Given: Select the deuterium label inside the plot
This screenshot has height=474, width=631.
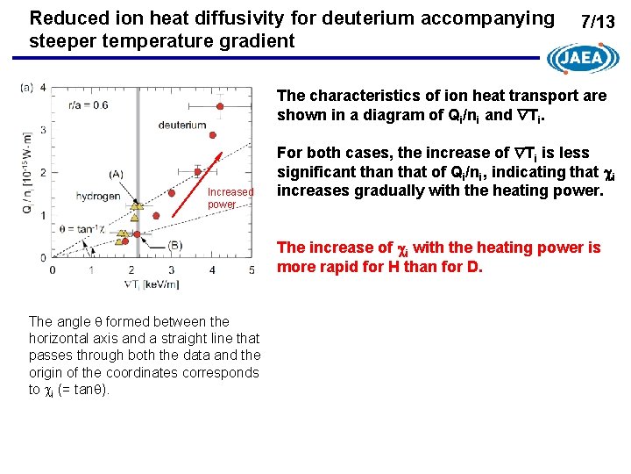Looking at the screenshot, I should pyautogui.click(x=182, y=125).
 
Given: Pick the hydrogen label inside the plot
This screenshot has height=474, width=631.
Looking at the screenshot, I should pyautogui.click(x=97, y=196).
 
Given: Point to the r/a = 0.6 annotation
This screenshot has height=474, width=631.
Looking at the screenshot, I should pyautogui.click(x=88, y=105).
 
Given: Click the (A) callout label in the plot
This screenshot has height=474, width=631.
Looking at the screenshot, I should pyautogui.click(x=117, y=174).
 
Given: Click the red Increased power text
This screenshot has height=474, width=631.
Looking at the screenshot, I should pyautogui.click(x=230, y=197).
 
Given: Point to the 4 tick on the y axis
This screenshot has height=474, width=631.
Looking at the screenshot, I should pyautogui.click(x=43, y=89).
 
